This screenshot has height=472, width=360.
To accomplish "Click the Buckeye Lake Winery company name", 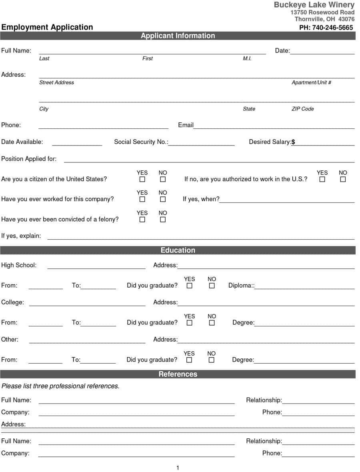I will click(314, 5).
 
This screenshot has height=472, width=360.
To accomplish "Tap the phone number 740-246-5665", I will click(326, 28).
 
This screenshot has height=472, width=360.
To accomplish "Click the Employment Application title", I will click(47, 27).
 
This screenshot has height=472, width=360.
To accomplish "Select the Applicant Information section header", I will click(178, 36).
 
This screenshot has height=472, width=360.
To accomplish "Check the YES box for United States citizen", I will click(142, 180).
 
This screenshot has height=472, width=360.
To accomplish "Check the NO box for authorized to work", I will click(343, 180).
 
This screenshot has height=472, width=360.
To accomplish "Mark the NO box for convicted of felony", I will click(163, 220).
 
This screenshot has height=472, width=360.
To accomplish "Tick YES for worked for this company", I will click(142, 199).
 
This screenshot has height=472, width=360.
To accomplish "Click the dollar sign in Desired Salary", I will click(293, 142).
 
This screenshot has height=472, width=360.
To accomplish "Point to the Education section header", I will click(178, 250).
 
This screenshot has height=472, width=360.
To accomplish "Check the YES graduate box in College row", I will click(189, 323).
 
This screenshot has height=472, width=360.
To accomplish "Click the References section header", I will click(178, 374).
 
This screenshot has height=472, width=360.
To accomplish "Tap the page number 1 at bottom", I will click(178, 468).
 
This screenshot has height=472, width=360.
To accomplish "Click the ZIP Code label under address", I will click(302, 109).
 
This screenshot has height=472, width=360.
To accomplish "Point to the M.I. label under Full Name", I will click(247, 58).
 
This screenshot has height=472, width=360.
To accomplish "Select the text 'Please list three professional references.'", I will click(60, 386).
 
